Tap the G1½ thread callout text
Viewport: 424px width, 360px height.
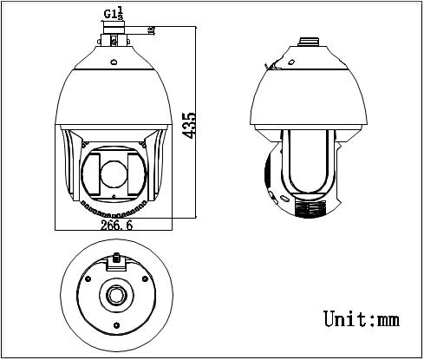pyautogui.click(x=114, y=12)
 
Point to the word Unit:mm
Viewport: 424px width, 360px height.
pyautogui.click(x=361, y=318)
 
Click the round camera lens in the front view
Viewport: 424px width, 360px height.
pyautogui.click(x=114, y=174)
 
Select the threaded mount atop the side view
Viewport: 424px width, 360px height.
pyautogui.click(x=308, y=41)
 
